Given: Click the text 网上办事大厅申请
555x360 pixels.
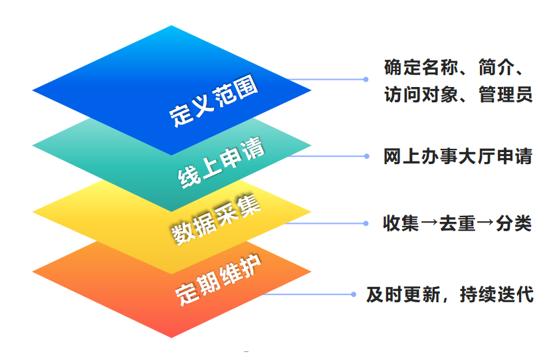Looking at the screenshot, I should click(x=458, y=157).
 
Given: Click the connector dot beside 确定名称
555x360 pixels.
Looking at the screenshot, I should click(x=366, y=80).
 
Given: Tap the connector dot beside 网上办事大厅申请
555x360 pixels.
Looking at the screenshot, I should click(x=366, y=157).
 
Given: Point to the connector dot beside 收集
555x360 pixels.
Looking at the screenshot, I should click(x=366, y=223).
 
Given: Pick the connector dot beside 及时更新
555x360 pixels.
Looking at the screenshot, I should click(x=354, y=294).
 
